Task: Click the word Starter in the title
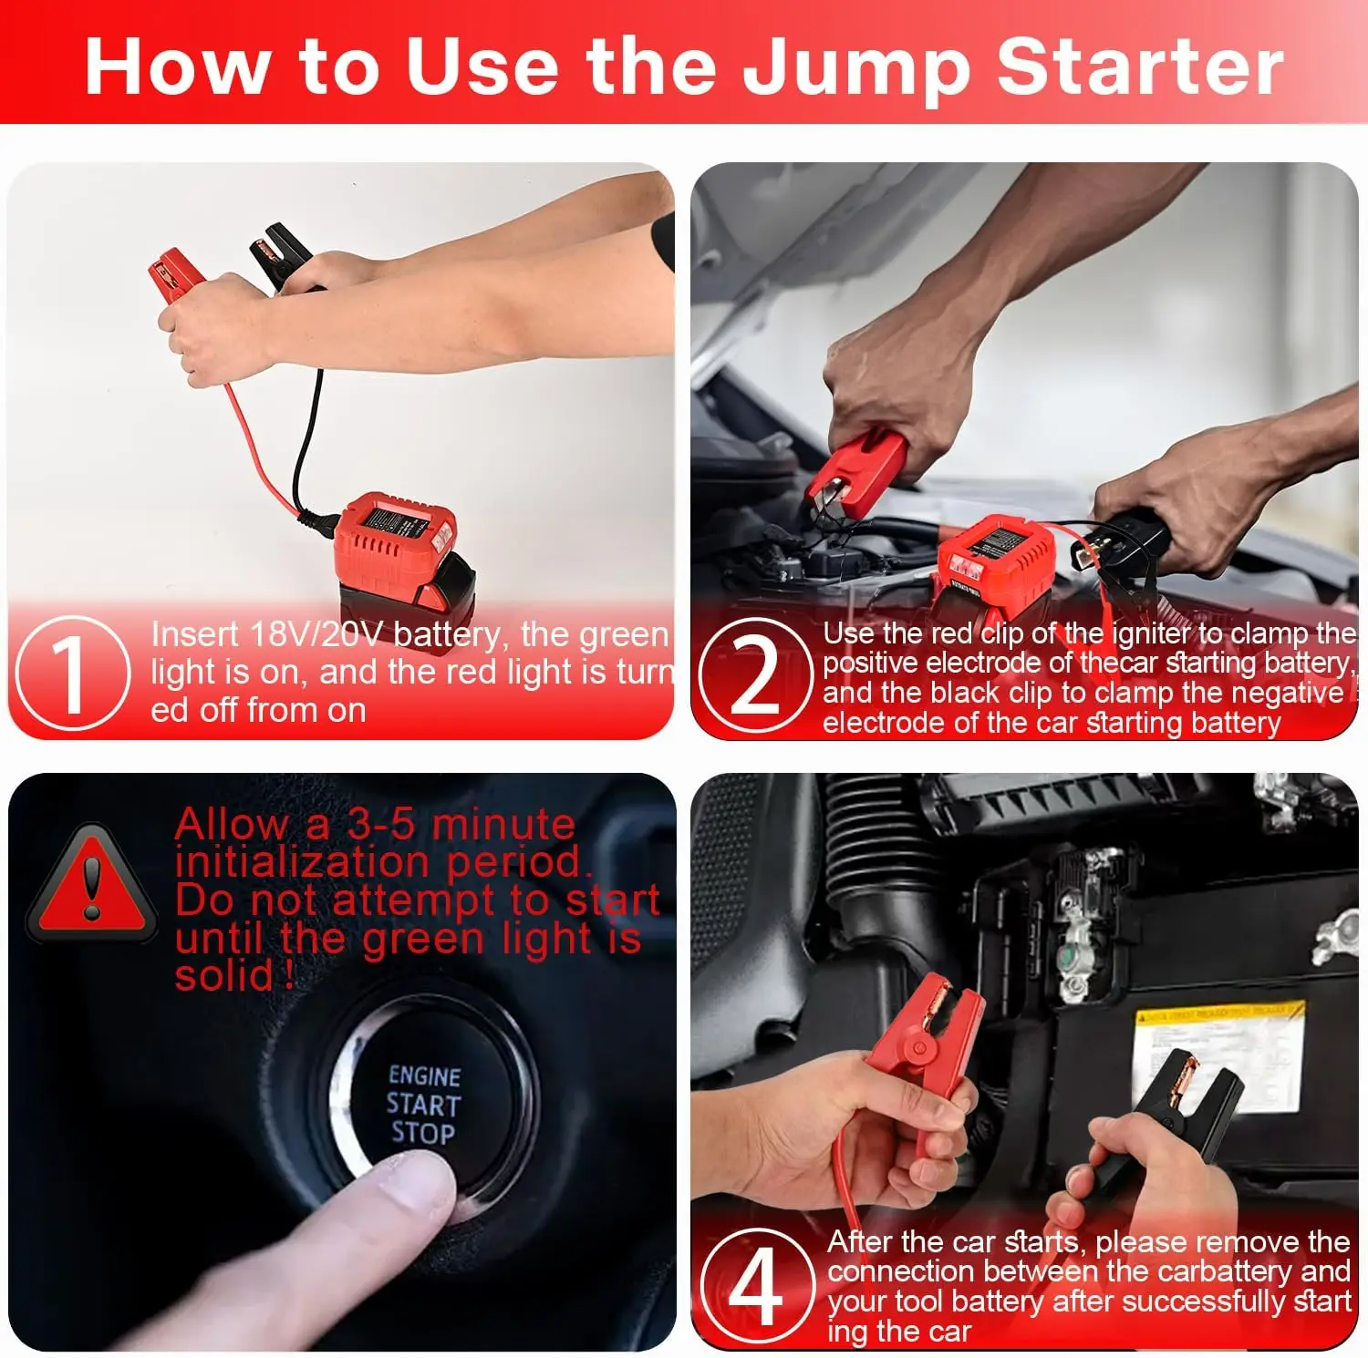tap(1140, 67)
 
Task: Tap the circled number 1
tap(71, 673)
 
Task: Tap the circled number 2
tap(755, 674)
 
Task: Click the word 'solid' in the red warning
tap(224, 977)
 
